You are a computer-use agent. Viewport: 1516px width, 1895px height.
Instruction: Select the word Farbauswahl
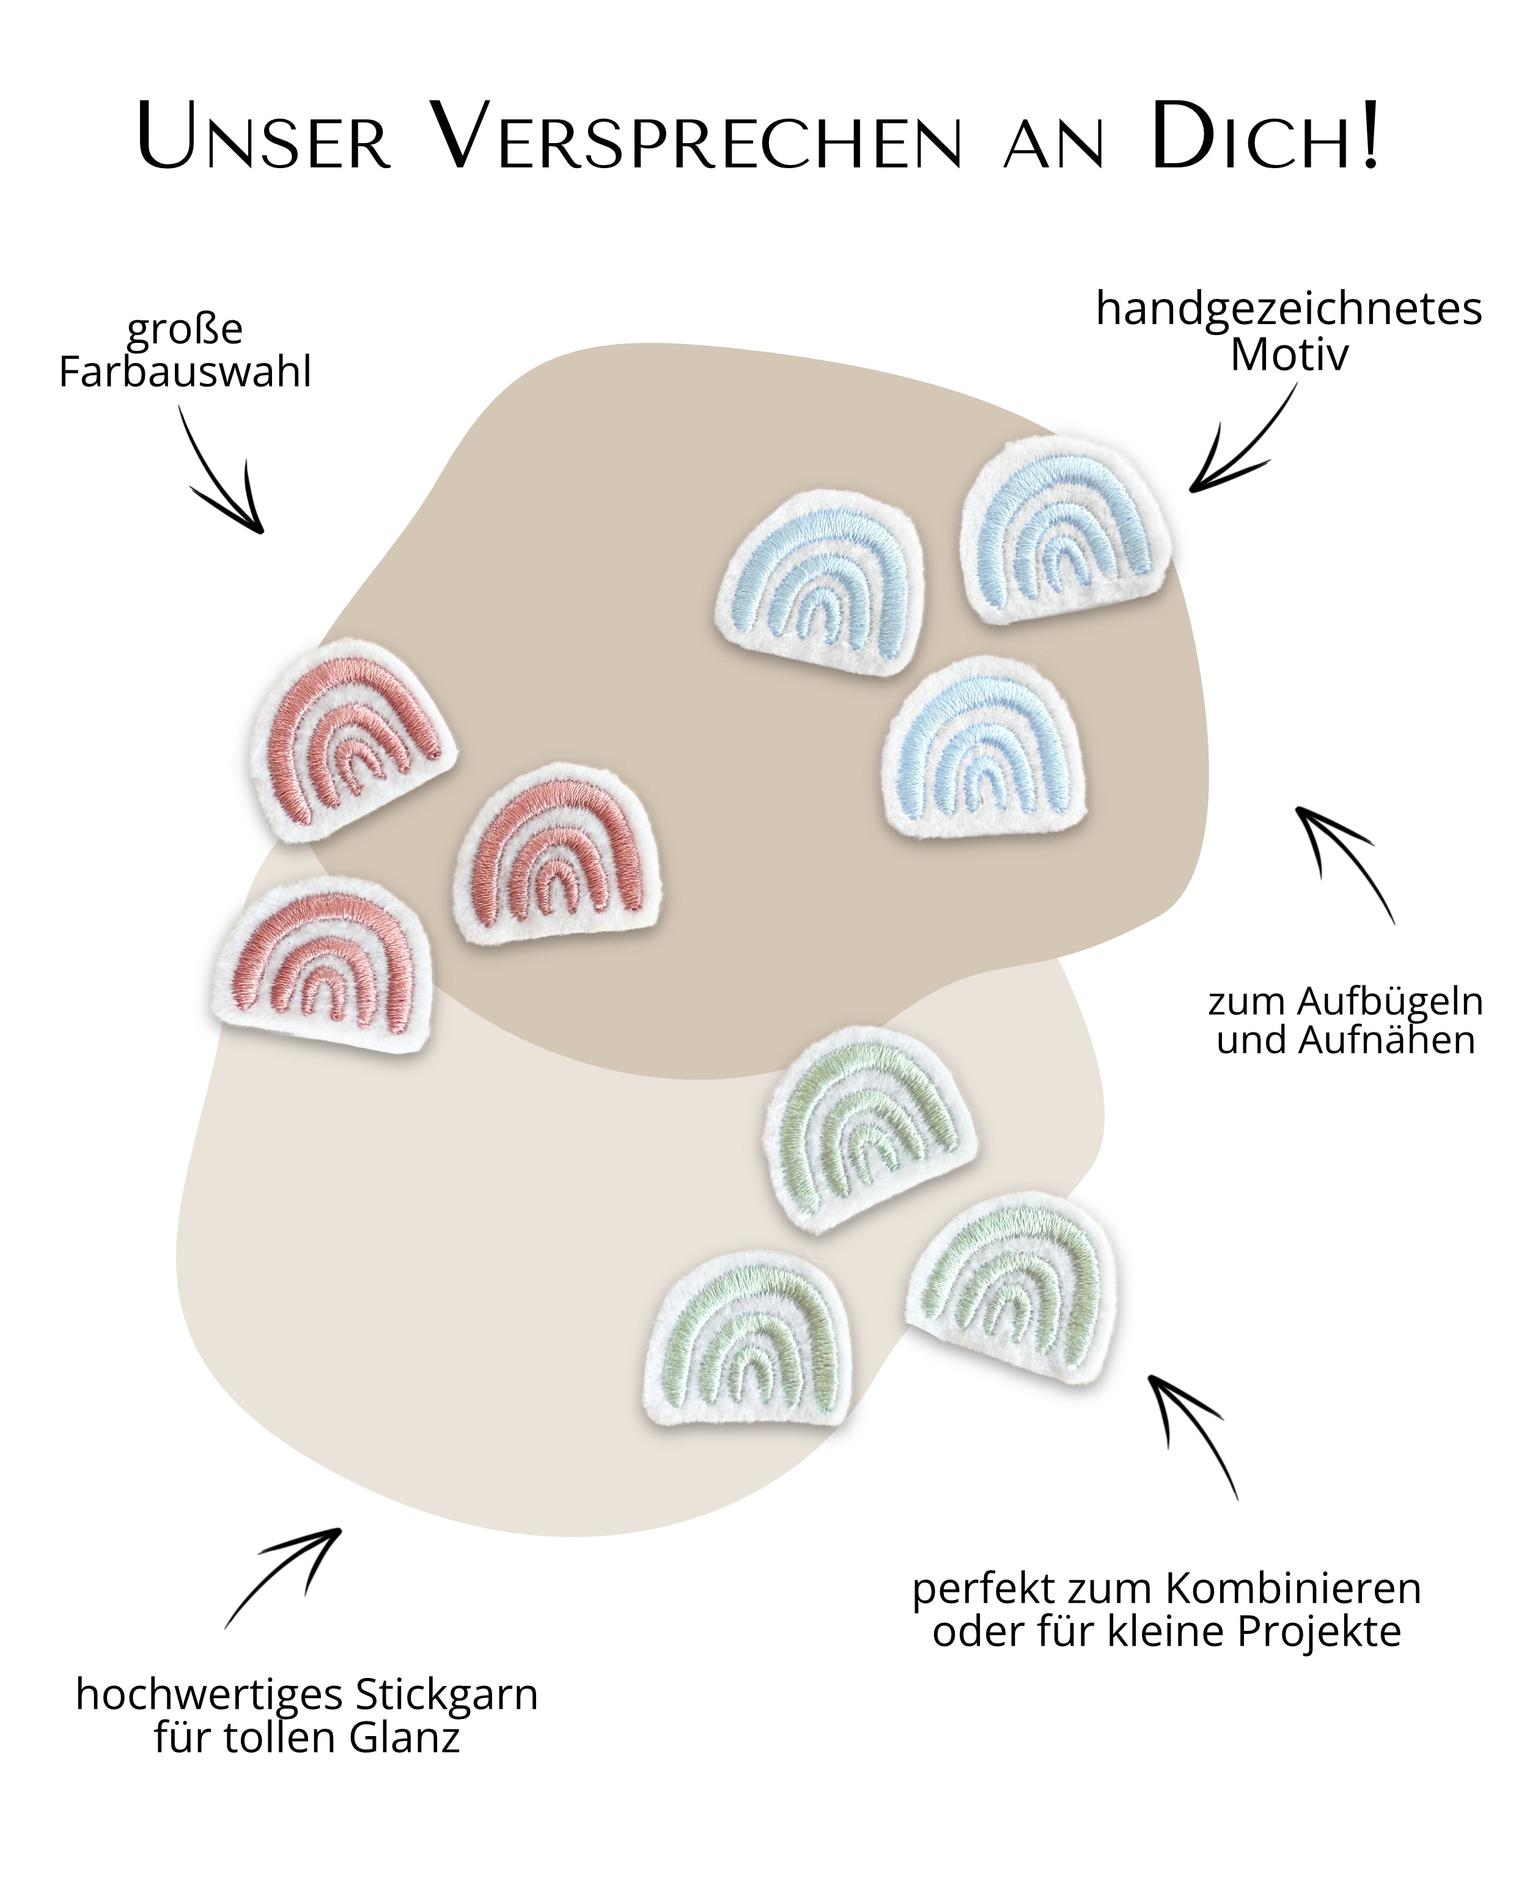(185, 372)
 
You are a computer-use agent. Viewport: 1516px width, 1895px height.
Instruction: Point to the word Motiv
(1289, 355)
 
